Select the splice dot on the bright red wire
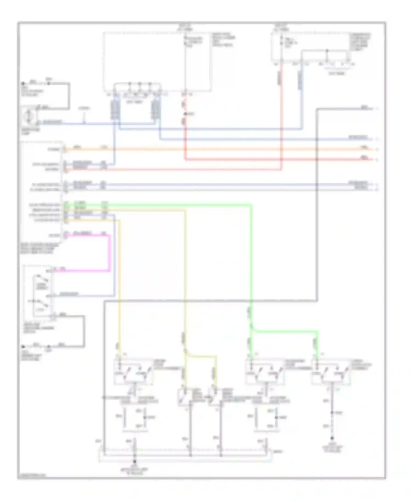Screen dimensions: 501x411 (185, 114)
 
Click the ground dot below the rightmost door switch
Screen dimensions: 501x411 (332, 438)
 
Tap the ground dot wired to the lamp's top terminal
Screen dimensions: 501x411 (23, 84)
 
